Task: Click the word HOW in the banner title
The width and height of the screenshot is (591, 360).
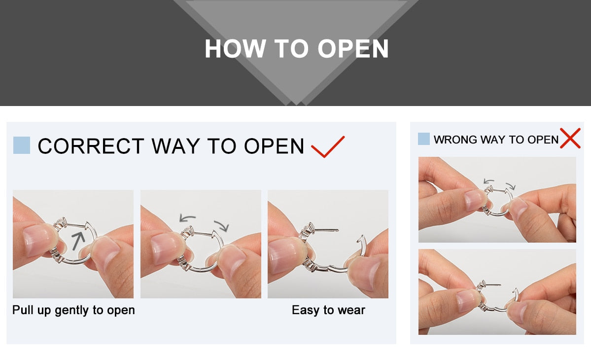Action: click(235, 49)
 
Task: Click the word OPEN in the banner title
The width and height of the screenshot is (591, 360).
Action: click(353, 49)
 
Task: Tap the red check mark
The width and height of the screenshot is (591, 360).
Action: click(327, 146)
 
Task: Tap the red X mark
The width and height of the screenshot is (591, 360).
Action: click(570, 138)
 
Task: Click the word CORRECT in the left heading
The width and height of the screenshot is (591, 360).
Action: click(91, 146)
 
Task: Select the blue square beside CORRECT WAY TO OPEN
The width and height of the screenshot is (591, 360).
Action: click(22, 145)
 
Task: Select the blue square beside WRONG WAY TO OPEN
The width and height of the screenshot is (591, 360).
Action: click(423, 139)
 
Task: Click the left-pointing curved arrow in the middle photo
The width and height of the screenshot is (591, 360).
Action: click(187, 217)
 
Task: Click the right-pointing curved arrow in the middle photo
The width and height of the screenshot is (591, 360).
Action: click(222, 225)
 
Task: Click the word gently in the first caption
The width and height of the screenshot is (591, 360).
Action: click(71, 310)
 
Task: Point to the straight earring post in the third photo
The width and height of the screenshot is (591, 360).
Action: click(326, 229)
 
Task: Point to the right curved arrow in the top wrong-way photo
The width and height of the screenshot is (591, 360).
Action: click(511, 186)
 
